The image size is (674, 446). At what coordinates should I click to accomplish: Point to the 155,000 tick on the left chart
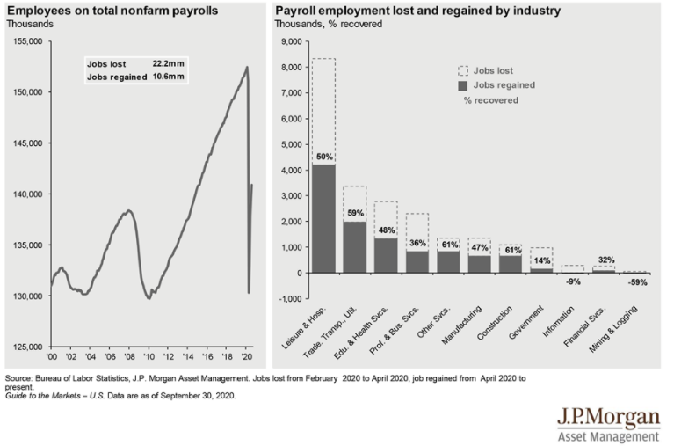click(x=30, y=41)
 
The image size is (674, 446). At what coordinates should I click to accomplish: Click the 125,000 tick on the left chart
click(x=30, y=347)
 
